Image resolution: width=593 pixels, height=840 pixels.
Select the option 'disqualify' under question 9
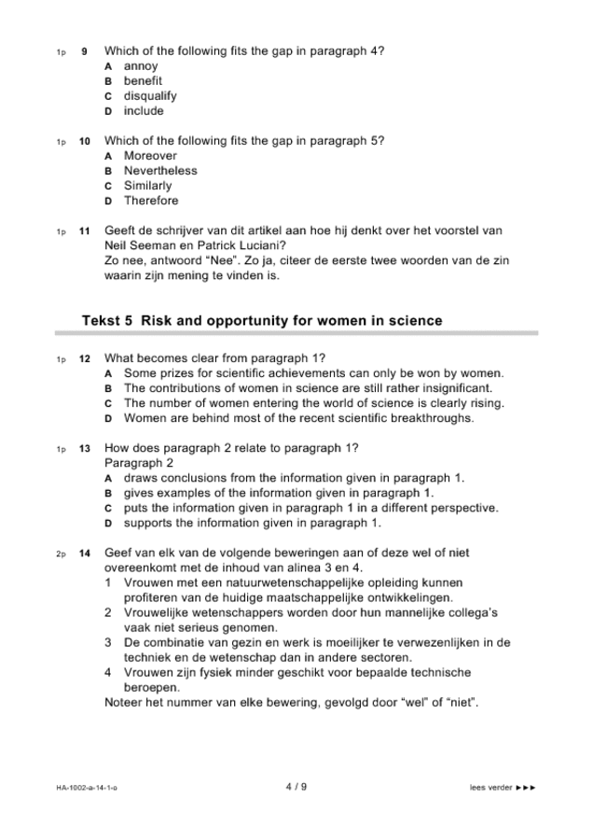150,96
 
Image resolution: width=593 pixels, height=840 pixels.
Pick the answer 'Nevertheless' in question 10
160,171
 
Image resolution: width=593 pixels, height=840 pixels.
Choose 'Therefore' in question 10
150,201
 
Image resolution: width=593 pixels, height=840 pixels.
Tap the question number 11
84,231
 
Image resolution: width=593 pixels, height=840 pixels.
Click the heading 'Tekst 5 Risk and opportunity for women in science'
262,320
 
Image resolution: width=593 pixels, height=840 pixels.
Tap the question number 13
84,448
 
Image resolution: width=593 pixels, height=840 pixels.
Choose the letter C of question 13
109,508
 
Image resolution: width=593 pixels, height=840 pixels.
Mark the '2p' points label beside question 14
60,553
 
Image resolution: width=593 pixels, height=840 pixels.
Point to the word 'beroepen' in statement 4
152,687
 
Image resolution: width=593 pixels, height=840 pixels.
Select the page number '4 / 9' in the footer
296,787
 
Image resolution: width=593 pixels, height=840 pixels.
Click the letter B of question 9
109,81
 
